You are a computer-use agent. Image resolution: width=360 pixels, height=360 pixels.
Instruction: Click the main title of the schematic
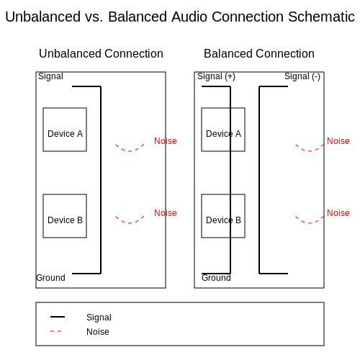coord(180,17)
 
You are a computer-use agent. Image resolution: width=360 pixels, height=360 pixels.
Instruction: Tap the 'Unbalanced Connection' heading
coord(101,53)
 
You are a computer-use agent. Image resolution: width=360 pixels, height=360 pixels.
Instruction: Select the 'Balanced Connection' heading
coord(259,53)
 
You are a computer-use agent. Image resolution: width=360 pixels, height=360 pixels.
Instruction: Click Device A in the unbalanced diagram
coord(65,130)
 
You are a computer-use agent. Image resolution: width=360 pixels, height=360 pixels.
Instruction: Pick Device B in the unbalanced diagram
coord(65,216)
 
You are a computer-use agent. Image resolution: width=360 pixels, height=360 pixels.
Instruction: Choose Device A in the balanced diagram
coord(223,130)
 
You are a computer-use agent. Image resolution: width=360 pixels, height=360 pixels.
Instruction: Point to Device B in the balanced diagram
coord(223,216)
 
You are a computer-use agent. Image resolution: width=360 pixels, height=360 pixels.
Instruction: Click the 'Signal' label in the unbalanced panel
coord(50,76)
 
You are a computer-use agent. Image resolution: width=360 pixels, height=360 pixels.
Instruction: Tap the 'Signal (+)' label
coord(216,76)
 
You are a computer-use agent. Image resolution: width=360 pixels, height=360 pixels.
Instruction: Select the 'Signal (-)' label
coord(302,76)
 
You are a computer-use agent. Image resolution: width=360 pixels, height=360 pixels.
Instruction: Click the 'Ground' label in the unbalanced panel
coord(50,278)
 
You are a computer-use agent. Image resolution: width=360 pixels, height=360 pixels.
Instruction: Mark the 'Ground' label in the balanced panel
coord(216,278)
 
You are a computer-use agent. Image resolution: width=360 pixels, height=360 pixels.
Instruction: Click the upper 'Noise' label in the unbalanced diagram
coord(166,141)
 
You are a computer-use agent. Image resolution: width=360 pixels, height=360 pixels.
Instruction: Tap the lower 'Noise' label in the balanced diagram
coord(338,213)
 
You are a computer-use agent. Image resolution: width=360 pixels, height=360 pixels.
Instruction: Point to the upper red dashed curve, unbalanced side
coord(130,151)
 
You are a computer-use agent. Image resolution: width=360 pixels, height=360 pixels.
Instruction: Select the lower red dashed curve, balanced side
coord(310,223)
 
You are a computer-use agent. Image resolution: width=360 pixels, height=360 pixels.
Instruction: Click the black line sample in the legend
coord(58,317)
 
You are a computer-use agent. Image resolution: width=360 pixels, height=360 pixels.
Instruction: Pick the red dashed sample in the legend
coord(56,331)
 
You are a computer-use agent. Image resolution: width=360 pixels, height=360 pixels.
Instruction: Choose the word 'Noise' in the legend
coord(98,332)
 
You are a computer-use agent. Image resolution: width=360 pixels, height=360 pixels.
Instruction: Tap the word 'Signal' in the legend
coord(99,318)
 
